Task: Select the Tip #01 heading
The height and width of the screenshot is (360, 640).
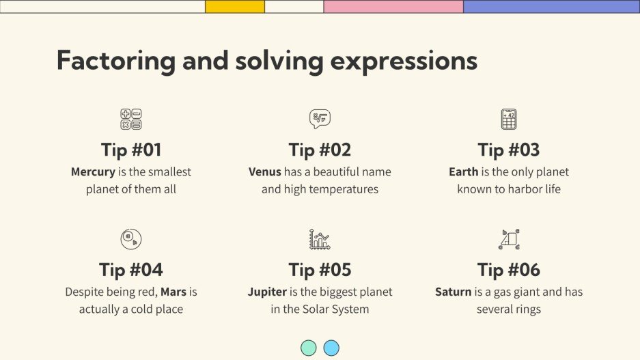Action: coord(131,150)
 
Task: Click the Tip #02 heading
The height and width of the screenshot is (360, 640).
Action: coord(320,150)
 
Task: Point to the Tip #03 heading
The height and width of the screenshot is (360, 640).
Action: coord(508,150)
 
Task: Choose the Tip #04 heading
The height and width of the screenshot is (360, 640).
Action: coord(131,269)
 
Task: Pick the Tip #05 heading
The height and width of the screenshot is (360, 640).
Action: coord(320,269)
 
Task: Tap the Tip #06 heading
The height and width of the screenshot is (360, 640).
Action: coord(508,269)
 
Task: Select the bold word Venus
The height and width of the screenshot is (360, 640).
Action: coord(265,172)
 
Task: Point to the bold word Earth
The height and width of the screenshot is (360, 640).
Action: coord(463,172)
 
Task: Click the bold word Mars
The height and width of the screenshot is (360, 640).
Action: coord(173,292)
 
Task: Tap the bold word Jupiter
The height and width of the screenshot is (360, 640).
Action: coord(267,292)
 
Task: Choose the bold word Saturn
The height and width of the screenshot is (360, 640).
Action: coord(454,292)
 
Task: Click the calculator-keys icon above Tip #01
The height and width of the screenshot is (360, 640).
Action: coord(130,120)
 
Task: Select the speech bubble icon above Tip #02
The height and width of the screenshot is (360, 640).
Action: coord(320,119)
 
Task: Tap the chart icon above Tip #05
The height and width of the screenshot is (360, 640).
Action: coord(320,239)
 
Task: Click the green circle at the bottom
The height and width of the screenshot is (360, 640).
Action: coord(309,348)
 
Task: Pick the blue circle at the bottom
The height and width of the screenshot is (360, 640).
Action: coord(331,348)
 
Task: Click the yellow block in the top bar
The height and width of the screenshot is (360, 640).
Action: coord(235,7)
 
